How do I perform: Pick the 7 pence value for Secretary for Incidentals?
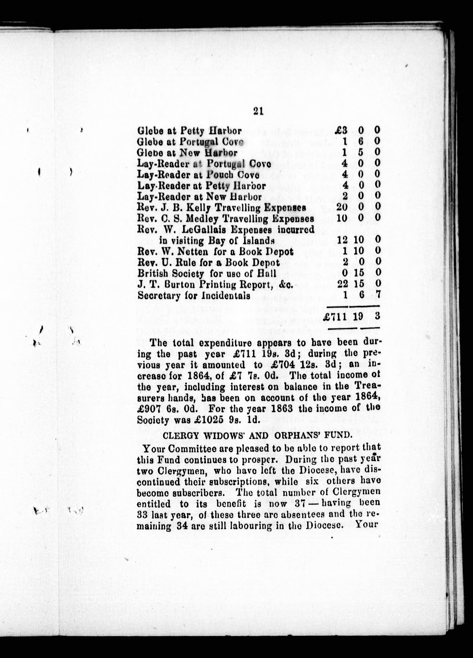(377, 295)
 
